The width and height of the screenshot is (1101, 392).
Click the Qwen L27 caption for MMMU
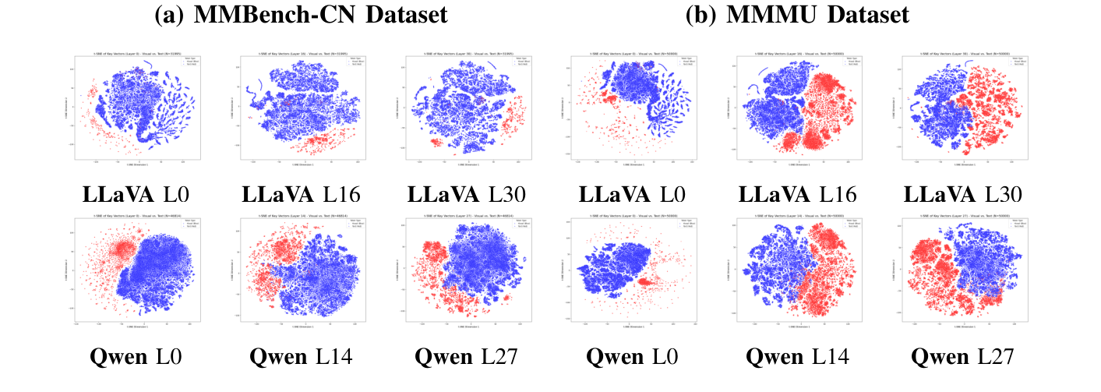(x=963, y=357)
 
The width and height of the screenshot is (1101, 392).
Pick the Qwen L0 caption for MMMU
(x=633, y=357)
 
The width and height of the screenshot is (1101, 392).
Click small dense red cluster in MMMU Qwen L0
(x=647, y=281)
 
